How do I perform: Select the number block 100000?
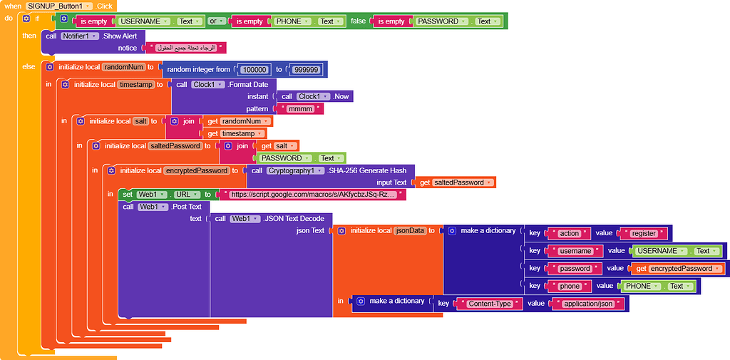(x=255, y=69)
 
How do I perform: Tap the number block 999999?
(x=307, y=69)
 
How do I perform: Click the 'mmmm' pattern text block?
(x=304, y=109)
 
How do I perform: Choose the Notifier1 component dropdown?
(x=80, y=36)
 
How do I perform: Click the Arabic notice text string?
(x=185, y=48)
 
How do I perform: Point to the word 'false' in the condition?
(x=358, y=21)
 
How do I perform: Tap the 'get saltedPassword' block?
(x=454, y=182)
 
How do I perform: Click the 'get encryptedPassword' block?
(x=677, y=269)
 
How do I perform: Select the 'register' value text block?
(x=644, y=233)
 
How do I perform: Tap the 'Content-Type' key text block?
(x=490, y=304)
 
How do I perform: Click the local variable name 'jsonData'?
(x=410, y=231)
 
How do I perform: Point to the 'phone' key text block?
(x=570, y=287)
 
